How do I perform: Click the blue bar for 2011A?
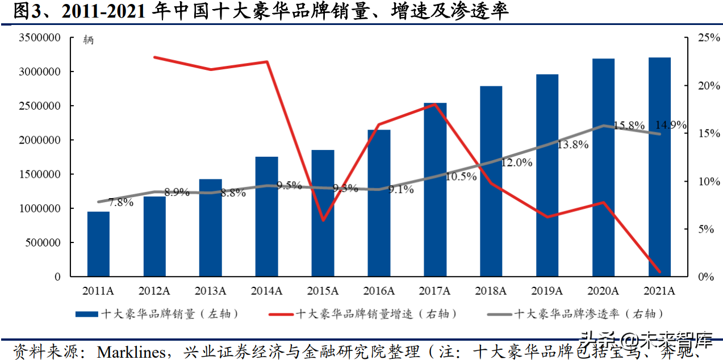click(x=98, y=244)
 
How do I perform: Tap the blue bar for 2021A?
click(x=659, y=167)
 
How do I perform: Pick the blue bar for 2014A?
click(x=266, y=216)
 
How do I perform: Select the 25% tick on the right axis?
click(x=693, y=38)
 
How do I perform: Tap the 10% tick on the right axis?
click(x=693, y=182)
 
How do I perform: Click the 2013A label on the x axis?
click(x=210, y=291)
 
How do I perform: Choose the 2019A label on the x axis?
click(x=547, y=291)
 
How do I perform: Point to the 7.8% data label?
click(x=121, y=202)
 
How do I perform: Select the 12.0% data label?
click(x=516, y=162)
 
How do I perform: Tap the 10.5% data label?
click(x=461, y=177)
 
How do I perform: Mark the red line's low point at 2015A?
click(x=323, y=220)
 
